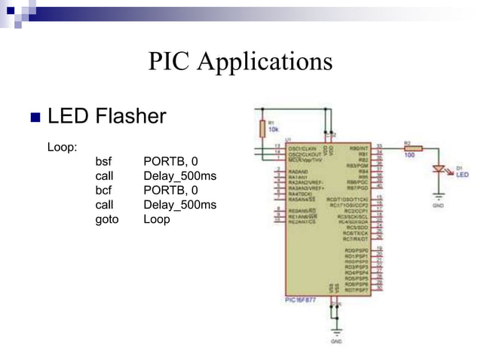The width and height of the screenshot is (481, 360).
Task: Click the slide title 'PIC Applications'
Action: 240,60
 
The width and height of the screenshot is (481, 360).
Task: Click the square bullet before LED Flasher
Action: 34,117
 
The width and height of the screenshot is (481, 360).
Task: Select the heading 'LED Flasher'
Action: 106,117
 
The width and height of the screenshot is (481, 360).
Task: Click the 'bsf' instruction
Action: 103,161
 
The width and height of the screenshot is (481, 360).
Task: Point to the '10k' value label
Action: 274,129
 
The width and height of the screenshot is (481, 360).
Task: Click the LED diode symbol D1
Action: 437,170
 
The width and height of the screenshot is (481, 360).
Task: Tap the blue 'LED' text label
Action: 461,174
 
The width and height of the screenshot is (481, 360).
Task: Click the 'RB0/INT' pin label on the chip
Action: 360,148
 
